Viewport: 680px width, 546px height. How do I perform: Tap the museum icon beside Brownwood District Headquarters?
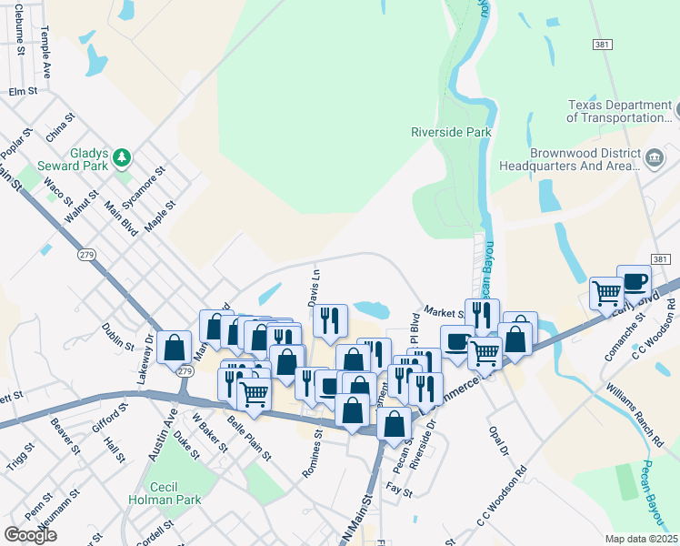tap(653, 160)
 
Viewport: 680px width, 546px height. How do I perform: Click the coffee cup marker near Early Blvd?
tap(634, 280)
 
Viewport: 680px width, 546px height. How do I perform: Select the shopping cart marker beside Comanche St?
tap(606, 293)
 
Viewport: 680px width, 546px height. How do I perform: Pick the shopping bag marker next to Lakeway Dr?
tap(174, 346)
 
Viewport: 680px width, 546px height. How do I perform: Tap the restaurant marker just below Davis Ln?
tap(330, 319)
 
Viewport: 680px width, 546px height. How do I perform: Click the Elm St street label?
tap(23, 92)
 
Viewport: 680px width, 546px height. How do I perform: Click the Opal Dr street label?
tap(497, 438)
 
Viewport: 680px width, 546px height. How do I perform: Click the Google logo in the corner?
tap(31, 534)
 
